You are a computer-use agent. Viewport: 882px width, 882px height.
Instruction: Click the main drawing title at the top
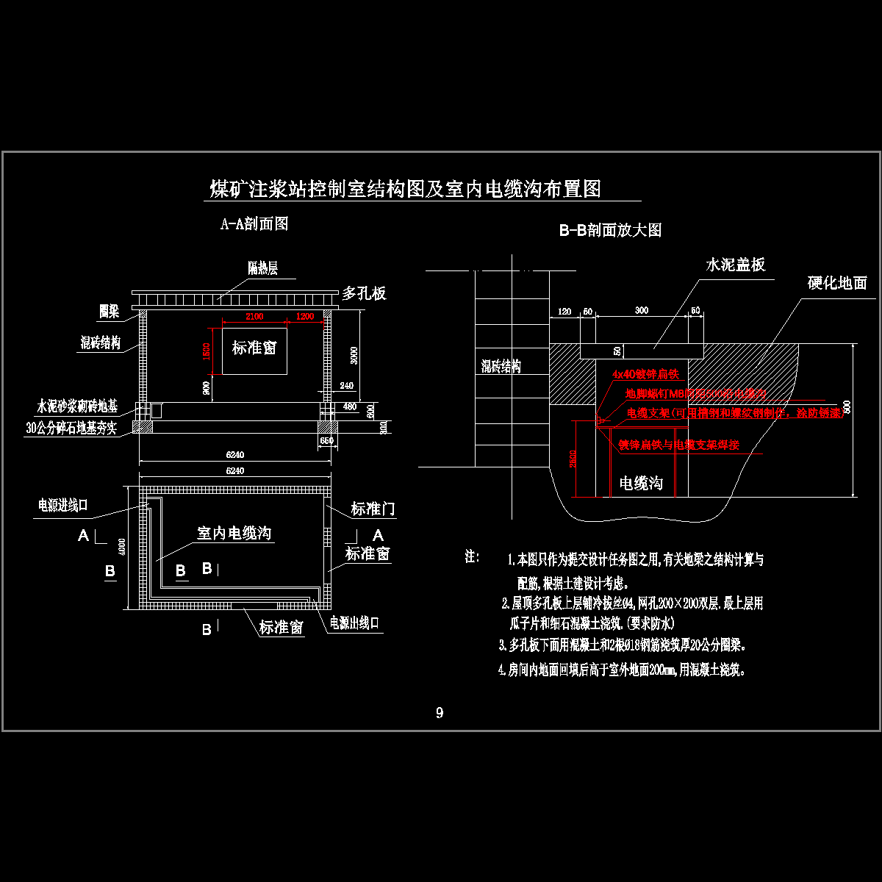pyautogui.click(x=406, y=189)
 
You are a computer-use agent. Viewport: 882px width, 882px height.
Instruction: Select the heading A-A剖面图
pyautogui.click(x=254, y=224)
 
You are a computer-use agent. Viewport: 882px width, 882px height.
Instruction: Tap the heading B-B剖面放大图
pyautogui.click(x=610, y=230)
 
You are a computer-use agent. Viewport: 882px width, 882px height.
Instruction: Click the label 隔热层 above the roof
pyautogui.click(x=262, y=269)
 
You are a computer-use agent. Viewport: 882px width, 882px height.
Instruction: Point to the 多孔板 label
pyautogui.click(x=364, y=294)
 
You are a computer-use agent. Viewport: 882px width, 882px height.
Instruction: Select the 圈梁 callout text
pyautogui.click(x=110, y=312)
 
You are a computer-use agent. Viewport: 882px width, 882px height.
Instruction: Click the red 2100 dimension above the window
pyautogui.click(x=254, y=317)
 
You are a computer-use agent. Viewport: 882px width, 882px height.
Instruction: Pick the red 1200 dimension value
pyautogui.click(x=304, y=317)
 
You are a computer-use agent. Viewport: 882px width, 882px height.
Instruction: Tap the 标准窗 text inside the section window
pyautogui.click(x=254, y=348)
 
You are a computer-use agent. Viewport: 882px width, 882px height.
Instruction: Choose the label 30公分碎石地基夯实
pyautogui.click(x=71, y=429)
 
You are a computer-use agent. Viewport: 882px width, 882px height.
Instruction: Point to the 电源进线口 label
pyautogui.click(x=63, y=506)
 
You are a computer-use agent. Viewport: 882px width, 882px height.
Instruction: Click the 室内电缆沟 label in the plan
pyautogui.click(x=234, y=533)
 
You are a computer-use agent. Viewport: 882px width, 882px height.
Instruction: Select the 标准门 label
pyautogui.click(x=373, y=509)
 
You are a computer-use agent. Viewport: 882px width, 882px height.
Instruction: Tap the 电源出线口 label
pyautogui.click(x=354, y=623)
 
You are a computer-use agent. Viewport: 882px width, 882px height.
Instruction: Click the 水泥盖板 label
pyautogui.click(x=736, y=265)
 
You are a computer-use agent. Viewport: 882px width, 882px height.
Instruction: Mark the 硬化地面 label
pyautogui.click(x=837, y=283)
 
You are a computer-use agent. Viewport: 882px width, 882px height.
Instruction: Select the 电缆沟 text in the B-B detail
pyautogui.click(x=641, y=483)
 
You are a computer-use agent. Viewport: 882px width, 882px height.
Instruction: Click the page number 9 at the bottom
pyautogui.click(x=440, y=712)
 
